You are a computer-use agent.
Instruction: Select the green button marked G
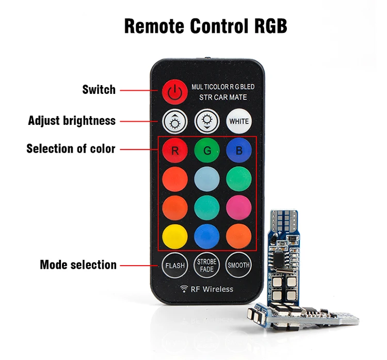tap(206, 151)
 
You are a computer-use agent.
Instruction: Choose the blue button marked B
tap(238, 151)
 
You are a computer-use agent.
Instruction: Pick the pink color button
tap(238, 207)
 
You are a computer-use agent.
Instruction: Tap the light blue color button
tap(206, 179)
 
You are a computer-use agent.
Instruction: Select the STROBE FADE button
tap(206, 265)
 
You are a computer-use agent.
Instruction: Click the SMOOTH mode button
tap(238, 265)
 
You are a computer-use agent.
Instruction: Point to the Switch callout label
tap(99, 90)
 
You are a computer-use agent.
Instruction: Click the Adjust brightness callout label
tap(72, 121)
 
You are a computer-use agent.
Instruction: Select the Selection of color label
tap(71, 149)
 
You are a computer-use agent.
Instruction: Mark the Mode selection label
tap(78, 265)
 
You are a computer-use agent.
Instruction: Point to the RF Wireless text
tap(212, 289)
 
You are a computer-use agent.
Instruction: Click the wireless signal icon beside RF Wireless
tap(184, 289)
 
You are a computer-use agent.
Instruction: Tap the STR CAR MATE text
tap(223, 97)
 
